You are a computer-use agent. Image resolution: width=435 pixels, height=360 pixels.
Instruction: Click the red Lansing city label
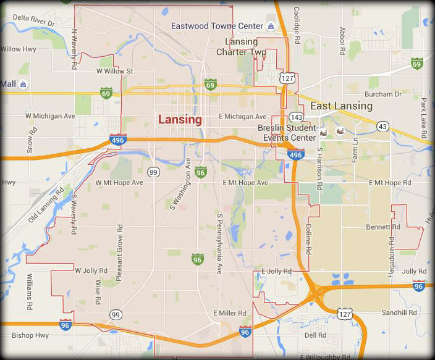(x=180, y=120)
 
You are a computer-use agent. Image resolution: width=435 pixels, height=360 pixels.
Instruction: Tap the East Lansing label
(x=341, y=106)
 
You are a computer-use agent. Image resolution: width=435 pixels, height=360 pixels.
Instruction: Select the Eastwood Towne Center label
(x=217, y=26)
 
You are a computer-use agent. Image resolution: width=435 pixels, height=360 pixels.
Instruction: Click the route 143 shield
(x=296, y=117)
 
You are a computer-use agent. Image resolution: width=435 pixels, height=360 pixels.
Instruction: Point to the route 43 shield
(x=382, y=126)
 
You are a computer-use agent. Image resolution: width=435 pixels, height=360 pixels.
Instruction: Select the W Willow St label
(x=115, y=72)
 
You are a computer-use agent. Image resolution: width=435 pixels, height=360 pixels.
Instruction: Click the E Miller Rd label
(x=230, y=314)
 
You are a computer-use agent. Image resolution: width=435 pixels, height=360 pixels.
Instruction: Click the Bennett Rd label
(x=379, y=227)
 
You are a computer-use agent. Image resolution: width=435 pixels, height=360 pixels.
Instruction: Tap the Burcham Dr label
(x=383, y=94)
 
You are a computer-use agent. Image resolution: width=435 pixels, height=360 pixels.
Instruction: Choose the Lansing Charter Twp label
(x=242, y=47)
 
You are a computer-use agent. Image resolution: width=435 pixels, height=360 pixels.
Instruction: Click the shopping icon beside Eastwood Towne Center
(x=271, y=26)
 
